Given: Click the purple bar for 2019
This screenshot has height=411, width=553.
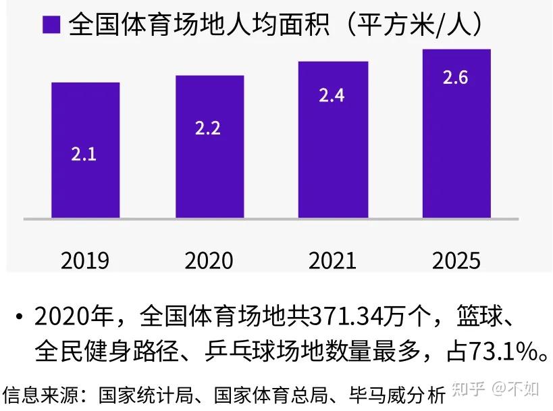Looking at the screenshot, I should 86,150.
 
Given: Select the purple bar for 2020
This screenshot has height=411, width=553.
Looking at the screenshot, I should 209,146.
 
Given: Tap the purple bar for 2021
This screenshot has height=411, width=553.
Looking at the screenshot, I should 334,139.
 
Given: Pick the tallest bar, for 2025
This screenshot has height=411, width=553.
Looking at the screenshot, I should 456,133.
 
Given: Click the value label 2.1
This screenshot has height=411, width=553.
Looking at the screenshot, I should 84,154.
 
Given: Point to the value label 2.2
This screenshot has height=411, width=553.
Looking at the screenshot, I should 208,128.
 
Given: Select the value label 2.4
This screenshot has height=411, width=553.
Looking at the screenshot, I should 332,95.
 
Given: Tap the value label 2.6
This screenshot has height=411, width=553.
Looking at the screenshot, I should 455,77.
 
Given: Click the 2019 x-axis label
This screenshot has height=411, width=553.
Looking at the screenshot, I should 85,260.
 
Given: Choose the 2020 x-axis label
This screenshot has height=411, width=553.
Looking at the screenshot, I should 209,260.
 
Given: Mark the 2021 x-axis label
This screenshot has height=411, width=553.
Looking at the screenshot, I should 332,260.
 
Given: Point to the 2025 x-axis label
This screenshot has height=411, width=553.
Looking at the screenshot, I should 456,260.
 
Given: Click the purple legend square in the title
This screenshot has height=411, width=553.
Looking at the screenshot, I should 52,25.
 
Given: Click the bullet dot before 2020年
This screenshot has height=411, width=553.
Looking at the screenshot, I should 20,316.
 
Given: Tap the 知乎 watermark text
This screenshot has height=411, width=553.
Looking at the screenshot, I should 469,389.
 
